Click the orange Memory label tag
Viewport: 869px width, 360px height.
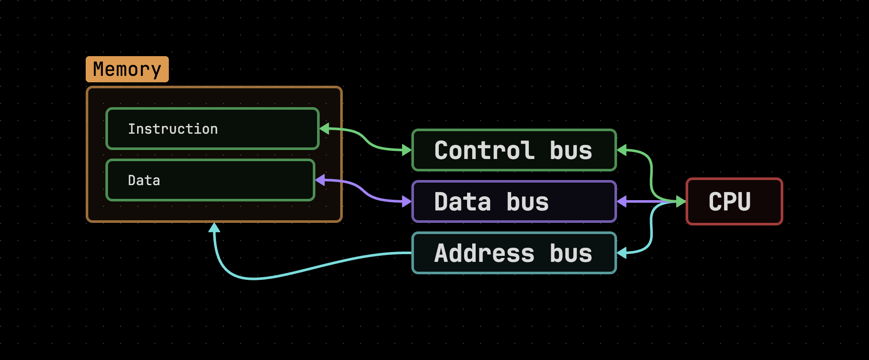(x=127, y=69)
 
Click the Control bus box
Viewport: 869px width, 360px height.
(x=514, y=150)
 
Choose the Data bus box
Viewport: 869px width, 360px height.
(x=514, y=201)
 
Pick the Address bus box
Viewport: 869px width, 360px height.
(x=514, y=253)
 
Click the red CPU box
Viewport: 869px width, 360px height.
(x=734, y=201)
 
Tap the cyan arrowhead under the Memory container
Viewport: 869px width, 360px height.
(x=214, y=228)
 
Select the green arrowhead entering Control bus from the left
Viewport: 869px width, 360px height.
(x=406, y=150)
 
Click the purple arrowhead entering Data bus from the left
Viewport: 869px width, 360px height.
(x=406, y=201)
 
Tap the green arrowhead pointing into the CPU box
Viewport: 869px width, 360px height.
(x=680, y=201)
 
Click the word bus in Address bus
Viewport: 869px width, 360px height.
(x=571, y=253)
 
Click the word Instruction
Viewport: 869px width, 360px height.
(x=173, y=129)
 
